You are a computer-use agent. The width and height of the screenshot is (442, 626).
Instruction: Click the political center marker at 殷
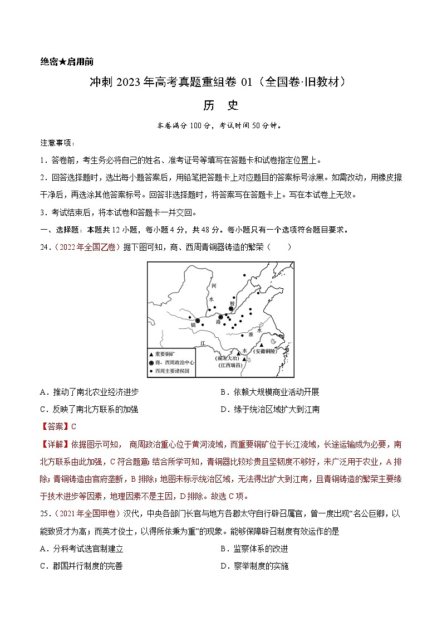(232, 309)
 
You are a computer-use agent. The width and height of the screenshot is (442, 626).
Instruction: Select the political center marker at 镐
(197, 320)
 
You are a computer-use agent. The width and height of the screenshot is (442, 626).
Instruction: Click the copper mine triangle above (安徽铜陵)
(261, 345)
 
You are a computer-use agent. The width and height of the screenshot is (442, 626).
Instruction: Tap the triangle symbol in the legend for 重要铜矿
(151, 354)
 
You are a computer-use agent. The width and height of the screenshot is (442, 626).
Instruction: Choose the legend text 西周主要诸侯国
(174, 370)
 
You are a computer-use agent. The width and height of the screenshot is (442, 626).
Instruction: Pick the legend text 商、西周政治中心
(175, 362)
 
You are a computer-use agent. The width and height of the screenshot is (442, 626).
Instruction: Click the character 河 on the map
(213, 285)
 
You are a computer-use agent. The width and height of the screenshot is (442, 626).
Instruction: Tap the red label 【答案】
(53, 426)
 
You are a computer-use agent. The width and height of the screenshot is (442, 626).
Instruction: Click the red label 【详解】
(53, 444)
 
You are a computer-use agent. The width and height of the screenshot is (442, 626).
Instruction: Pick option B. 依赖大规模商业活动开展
(269, 392)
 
